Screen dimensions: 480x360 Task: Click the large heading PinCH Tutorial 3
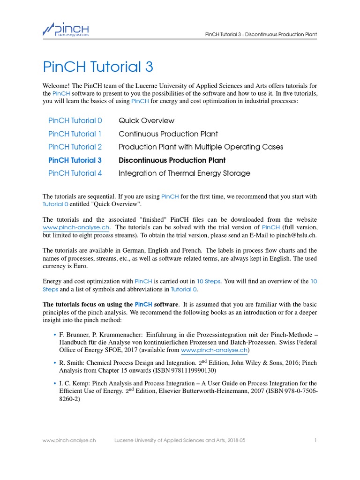pos(97,67)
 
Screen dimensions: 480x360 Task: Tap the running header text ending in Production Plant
pos(261,34)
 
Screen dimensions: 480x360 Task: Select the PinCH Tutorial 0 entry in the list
pos(75,120)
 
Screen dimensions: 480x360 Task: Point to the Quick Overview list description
pos(146,120)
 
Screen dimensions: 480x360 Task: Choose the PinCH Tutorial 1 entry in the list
pos(75,134)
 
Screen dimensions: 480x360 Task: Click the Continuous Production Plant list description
pos(168,134)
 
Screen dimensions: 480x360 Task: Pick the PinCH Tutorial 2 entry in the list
pos(75,147)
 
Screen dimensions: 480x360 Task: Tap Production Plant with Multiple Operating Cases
pos(201,147)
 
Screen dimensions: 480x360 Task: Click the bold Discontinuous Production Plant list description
pos(172,160)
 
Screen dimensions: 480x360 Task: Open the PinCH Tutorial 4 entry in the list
pos(75,173)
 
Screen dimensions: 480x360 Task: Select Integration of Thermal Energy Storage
pos(184,173)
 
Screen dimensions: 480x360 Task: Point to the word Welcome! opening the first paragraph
pos(57,86)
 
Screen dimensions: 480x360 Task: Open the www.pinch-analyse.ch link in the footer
pos(69,441)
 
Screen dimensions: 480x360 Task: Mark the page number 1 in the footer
pos(316,441)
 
